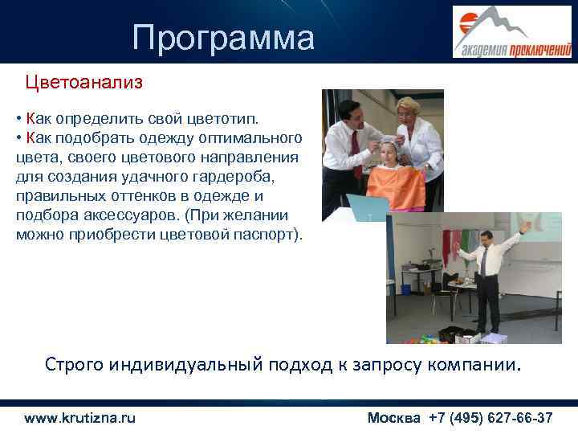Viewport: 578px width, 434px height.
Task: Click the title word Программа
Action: coord(224,38)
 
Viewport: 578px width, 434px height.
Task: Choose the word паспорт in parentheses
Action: coord(267,235)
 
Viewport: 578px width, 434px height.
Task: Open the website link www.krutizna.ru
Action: coord(80,418)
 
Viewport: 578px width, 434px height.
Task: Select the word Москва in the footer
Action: coord(393,418)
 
